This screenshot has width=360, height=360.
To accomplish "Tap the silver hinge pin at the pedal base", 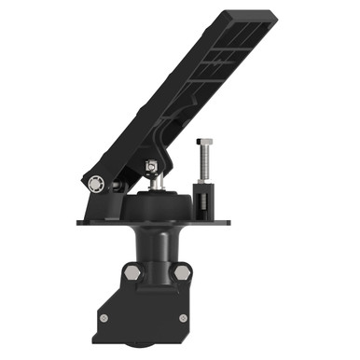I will coord(94,184).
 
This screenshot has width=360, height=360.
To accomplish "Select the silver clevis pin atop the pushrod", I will coord(150,167).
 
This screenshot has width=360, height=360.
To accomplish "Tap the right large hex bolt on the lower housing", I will coord(182,272).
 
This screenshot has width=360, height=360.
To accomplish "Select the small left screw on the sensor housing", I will coord(104,318).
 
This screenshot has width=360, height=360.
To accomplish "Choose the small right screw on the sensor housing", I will coord(183,318).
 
